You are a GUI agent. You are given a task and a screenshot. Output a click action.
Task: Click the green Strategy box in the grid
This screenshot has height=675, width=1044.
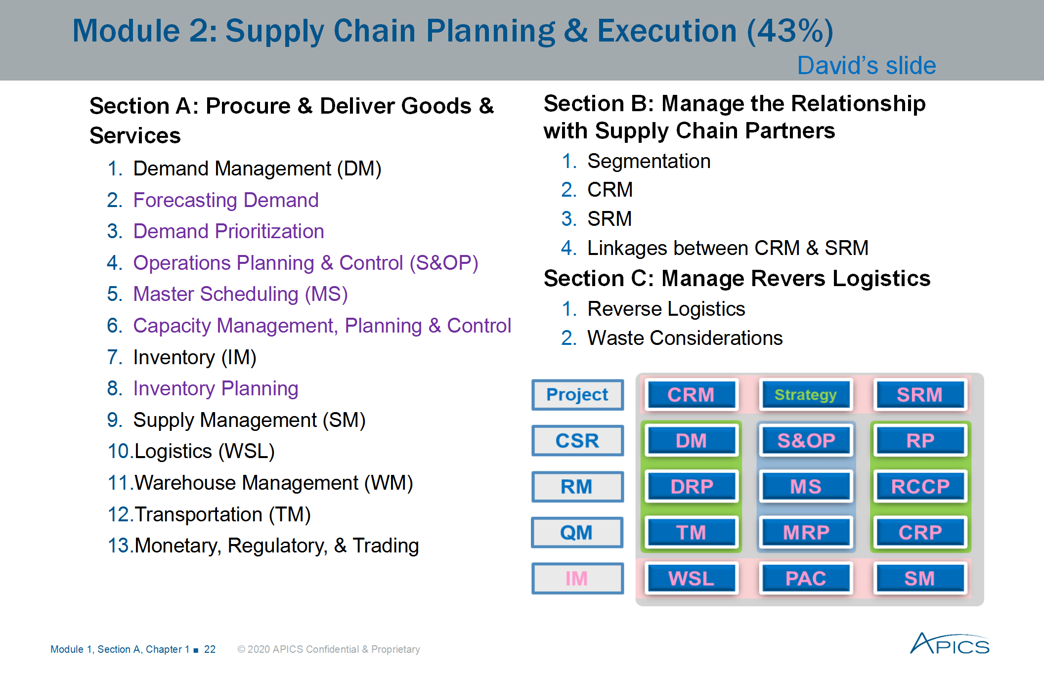click(x=805, y=395)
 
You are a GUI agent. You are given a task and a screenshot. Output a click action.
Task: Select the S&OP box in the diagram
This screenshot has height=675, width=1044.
click(x=806, y=440)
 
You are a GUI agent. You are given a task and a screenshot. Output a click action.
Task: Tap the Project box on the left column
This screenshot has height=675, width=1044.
click(x=577, y=395)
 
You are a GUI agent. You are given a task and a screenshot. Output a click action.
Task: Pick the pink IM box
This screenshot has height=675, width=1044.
click(x=577, y=578)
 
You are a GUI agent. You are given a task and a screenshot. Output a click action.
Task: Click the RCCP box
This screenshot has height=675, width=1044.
click(x=920, y=486)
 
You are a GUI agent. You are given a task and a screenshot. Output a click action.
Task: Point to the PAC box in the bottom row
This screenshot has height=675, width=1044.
click(x=806, y=578)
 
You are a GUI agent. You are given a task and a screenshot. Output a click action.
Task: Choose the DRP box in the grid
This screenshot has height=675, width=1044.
click(x=691, y=486)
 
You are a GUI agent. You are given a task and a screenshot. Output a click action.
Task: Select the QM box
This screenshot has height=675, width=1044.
click(x=576, y=532)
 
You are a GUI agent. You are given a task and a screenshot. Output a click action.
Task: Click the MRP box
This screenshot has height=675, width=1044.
click(x=806, y=532)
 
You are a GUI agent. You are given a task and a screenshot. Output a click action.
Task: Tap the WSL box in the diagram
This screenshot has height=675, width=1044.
click(x=691, y=578)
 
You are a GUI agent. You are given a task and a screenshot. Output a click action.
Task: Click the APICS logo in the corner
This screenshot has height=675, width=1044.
click(x=949, y=644)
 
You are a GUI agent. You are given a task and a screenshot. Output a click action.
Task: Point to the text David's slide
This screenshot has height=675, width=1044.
click(x=867, y=66)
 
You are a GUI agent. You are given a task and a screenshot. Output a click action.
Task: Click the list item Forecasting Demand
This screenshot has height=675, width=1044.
click(x=225, y=200)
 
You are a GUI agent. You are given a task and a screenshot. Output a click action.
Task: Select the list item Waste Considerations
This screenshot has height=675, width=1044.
click(x=685, y=338)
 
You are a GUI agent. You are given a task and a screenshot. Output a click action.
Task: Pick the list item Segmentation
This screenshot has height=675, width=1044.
click(x=649, y=161)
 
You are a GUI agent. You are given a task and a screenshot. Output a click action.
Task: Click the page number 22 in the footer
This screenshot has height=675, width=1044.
click(x=210, y=649)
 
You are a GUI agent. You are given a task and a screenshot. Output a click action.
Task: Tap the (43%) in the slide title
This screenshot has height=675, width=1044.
click(x=789, y=31)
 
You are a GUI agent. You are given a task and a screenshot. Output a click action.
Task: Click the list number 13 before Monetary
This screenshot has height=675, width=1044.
click(x=118, y=546)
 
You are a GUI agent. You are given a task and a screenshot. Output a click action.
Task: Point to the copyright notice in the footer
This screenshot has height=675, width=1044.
click(x=329, y=649)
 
